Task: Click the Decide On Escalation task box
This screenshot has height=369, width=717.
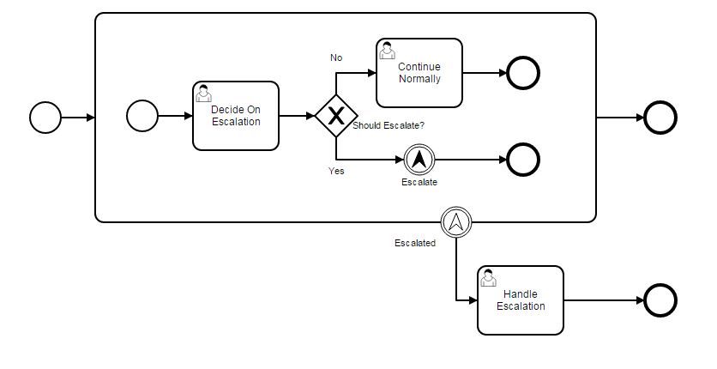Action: (x=236, y=116)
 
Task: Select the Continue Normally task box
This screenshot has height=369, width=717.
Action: (x=419, y=73)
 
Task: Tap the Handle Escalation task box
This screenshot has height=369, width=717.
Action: (x=521, y=300)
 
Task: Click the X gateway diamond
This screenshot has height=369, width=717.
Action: (x=335, y=116)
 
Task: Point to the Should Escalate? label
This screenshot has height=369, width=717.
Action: (x=389, y=126)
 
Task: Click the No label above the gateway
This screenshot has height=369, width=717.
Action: (x=336, y=57)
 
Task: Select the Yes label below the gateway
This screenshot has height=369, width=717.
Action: (x=336, y=171)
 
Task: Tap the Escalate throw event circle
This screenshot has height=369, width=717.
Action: (x=419, y=159)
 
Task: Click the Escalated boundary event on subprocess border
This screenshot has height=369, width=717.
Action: (x=456, y=222)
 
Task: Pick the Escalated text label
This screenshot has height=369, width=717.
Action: (x=415, y=243)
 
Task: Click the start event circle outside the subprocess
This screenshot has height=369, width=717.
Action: (x=45, y=117)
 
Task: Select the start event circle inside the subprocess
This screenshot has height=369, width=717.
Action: (x=142, y=116)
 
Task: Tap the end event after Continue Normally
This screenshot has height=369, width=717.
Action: (x=523, y=73)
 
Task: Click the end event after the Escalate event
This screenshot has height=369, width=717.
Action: (x=523, y=159)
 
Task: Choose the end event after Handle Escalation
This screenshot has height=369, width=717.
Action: (x=660, y=300)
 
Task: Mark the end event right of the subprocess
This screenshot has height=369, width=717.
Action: (x=660, y=117)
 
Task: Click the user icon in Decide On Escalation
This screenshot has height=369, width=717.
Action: (x=204, y=93)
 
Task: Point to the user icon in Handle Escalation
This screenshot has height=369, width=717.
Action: (x=488, y=277)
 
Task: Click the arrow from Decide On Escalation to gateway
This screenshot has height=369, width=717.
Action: (x=297, y=116)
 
